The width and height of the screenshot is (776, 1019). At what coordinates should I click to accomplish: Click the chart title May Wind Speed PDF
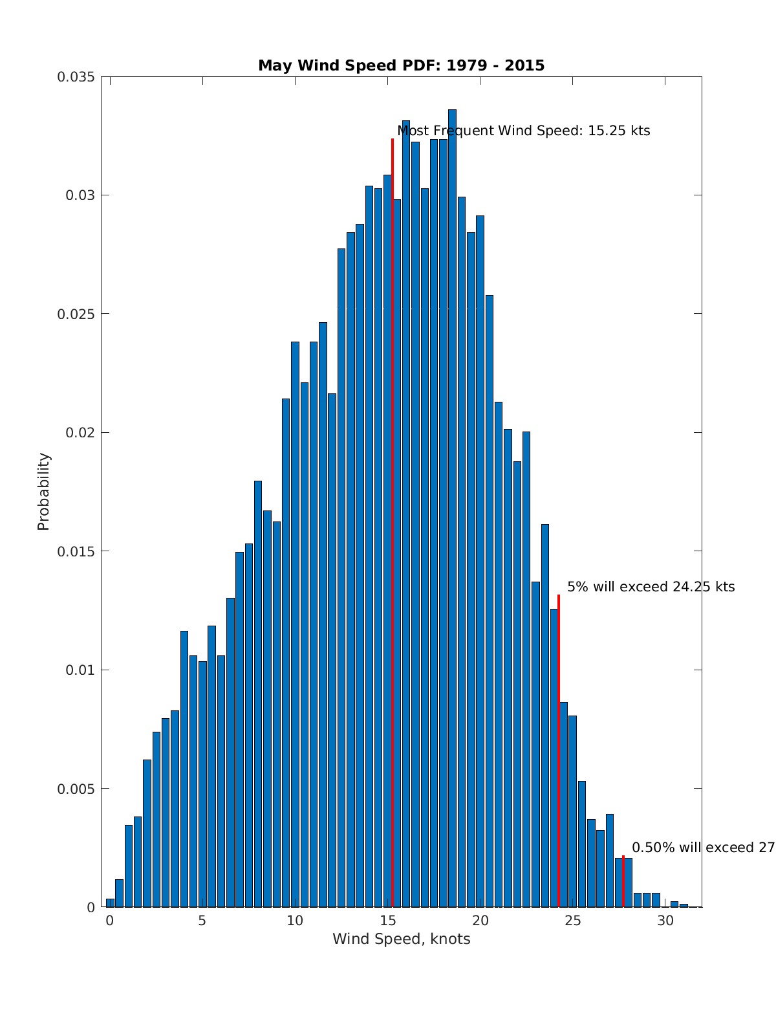401,65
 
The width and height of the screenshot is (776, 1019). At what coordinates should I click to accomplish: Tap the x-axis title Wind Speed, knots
401,939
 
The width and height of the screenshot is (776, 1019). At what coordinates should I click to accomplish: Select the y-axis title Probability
43,492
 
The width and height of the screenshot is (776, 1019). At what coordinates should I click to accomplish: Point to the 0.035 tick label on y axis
76,77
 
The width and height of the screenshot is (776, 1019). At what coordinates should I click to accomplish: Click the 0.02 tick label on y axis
80,433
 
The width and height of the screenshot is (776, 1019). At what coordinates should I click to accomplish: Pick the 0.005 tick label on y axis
76,789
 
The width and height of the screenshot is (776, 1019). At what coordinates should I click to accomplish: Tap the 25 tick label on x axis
573,921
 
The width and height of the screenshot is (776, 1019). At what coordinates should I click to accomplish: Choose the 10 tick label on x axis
295,921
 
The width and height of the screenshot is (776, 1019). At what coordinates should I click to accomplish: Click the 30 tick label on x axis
665,921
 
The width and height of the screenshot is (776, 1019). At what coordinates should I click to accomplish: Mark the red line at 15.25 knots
393,518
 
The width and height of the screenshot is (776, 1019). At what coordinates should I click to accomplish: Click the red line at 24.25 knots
559,751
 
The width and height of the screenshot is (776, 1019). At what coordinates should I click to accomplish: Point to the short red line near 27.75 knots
623,881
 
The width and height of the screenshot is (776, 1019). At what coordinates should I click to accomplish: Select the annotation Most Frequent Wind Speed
523,131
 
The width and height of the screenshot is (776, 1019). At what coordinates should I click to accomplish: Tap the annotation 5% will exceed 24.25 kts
651,587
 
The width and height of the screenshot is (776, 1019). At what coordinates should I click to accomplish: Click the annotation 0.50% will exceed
702,848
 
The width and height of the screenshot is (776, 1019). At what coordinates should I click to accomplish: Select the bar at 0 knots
110,903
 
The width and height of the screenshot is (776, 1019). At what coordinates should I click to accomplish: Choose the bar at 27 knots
610,860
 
